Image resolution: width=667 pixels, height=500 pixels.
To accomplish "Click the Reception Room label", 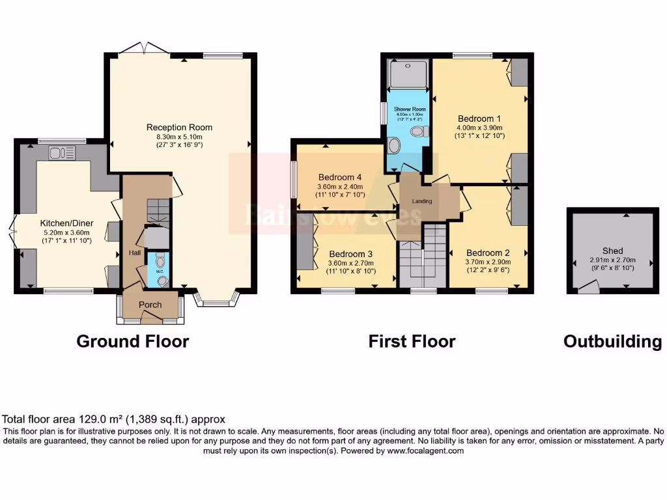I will click(179, 127).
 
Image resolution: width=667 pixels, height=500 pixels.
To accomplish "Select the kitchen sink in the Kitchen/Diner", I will click(62, 153).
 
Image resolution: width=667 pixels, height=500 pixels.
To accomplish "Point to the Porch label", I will click(150, 305).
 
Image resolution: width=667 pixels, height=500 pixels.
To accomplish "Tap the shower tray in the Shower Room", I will click(408, 75).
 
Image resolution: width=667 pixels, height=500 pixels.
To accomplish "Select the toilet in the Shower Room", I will click(418, 132).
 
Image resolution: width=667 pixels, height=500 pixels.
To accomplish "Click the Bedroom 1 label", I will click(479, 118).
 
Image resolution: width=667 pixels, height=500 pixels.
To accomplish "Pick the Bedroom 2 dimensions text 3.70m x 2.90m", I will click(488, 262).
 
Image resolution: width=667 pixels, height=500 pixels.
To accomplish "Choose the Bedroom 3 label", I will click(351, 253).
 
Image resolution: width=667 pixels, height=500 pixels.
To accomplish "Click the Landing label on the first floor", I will click(421, 201).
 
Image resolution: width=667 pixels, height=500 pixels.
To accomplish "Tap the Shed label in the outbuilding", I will click(612, 250).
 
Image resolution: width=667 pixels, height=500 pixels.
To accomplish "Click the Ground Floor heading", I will click(133, 341).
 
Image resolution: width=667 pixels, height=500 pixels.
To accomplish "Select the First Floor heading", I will click(412, 341).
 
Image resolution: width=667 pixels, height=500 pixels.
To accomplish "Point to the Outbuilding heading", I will click(612, 341).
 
